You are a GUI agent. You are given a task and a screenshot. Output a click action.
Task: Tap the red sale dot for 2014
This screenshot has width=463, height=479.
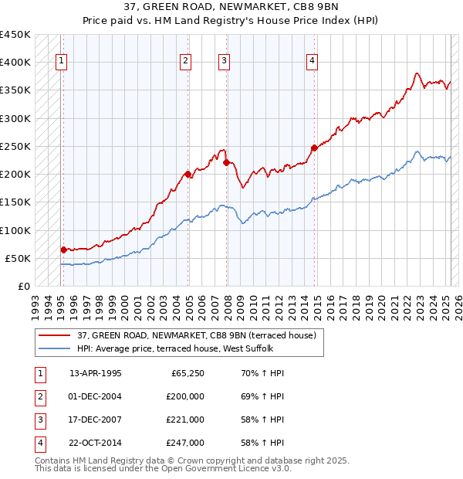pyautogui.click(x=314, y=148)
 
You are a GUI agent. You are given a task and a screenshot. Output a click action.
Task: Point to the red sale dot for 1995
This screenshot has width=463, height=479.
pyautogui.click(x=63, y=250)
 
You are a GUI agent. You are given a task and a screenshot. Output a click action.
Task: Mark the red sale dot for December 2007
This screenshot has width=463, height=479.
pyautogui.click(x=226, y=162)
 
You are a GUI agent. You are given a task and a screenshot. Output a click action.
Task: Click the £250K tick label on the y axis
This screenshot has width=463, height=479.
pyautogui.click(x=15, y=146)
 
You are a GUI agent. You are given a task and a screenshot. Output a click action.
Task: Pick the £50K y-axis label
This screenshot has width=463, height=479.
pyautogui.click(x=18, y=258)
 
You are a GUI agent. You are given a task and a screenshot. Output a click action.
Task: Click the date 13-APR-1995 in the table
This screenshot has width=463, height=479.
pyautogui.click(x=96, y=373)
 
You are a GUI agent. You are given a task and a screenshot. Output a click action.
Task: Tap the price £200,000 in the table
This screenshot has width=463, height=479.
pyautogui.click(x=186, y=396)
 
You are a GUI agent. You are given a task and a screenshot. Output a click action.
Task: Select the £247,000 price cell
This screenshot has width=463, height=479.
pyautogui.click(x=186, y=443)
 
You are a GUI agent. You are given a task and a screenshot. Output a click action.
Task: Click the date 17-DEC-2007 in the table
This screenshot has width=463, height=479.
pyautogui.click(x=96, y=420)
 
